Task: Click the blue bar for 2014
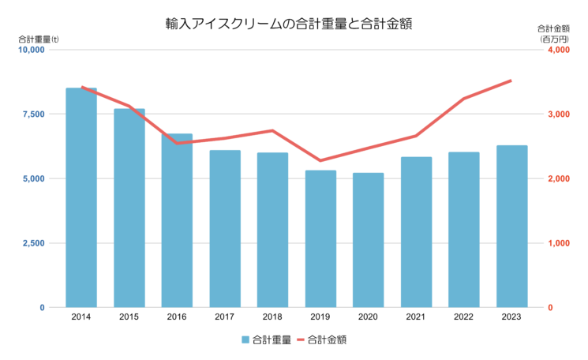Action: click(x=81, y=197)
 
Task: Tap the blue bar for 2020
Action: click(x=369, y=240)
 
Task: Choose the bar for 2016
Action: click(x=177, y=220)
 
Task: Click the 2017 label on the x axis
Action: click(x=225, y=317)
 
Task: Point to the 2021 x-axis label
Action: click(x=416, y=317)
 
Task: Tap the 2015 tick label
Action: click(x=129, y=317)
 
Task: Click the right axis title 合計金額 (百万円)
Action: click(x=553, y=34)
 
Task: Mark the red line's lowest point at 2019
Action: click(x=320, y=161)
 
